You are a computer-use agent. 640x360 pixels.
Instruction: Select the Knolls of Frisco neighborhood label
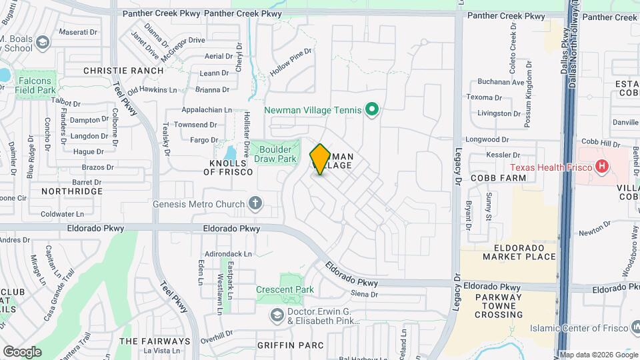pyautogui.click(x=229, y=167)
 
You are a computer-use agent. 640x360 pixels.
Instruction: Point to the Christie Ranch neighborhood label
pyautogui.click(x=123, y=70)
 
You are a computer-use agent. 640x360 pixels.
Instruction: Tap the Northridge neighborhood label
pyautogui.click(x=72, y=191)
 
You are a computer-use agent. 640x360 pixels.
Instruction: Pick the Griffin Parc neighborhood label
pyautogui.click(x=290, y=345)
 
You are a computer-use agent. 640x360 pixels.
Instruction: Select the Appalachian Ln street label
pyautogui.click(x=207, y=110)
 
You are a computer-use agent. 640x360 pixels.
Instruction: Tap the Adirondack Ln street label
pyautogui.click(x=229, y=254)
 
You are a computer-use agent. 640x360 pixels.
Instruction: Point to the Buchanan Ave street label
pyautogui.click(x=501, y=83)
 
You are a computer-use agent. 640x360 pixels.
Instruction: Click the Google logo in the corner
pyautogui.click(x=22, y=351)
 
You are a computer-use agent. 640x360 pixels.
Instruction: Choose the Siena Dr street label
pyautogui.click(x=364, y=293)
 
